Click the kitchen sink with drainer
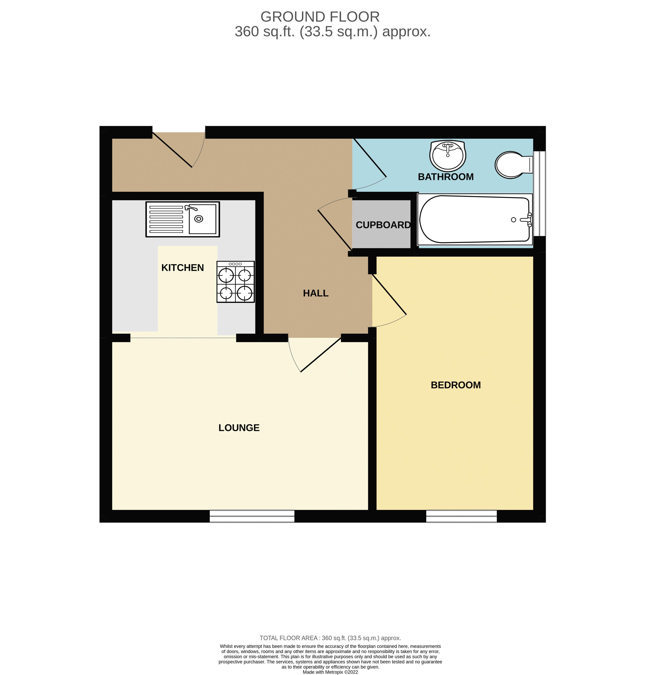183,219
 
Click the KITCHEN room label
183,268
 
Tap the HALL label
316,293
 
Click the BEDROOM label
455,385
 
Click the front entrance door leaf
172,150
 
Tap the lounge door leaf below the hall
321,355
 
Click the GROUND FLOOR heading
320,17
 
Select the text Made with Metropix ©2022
330,672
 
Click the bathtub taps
528,220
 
